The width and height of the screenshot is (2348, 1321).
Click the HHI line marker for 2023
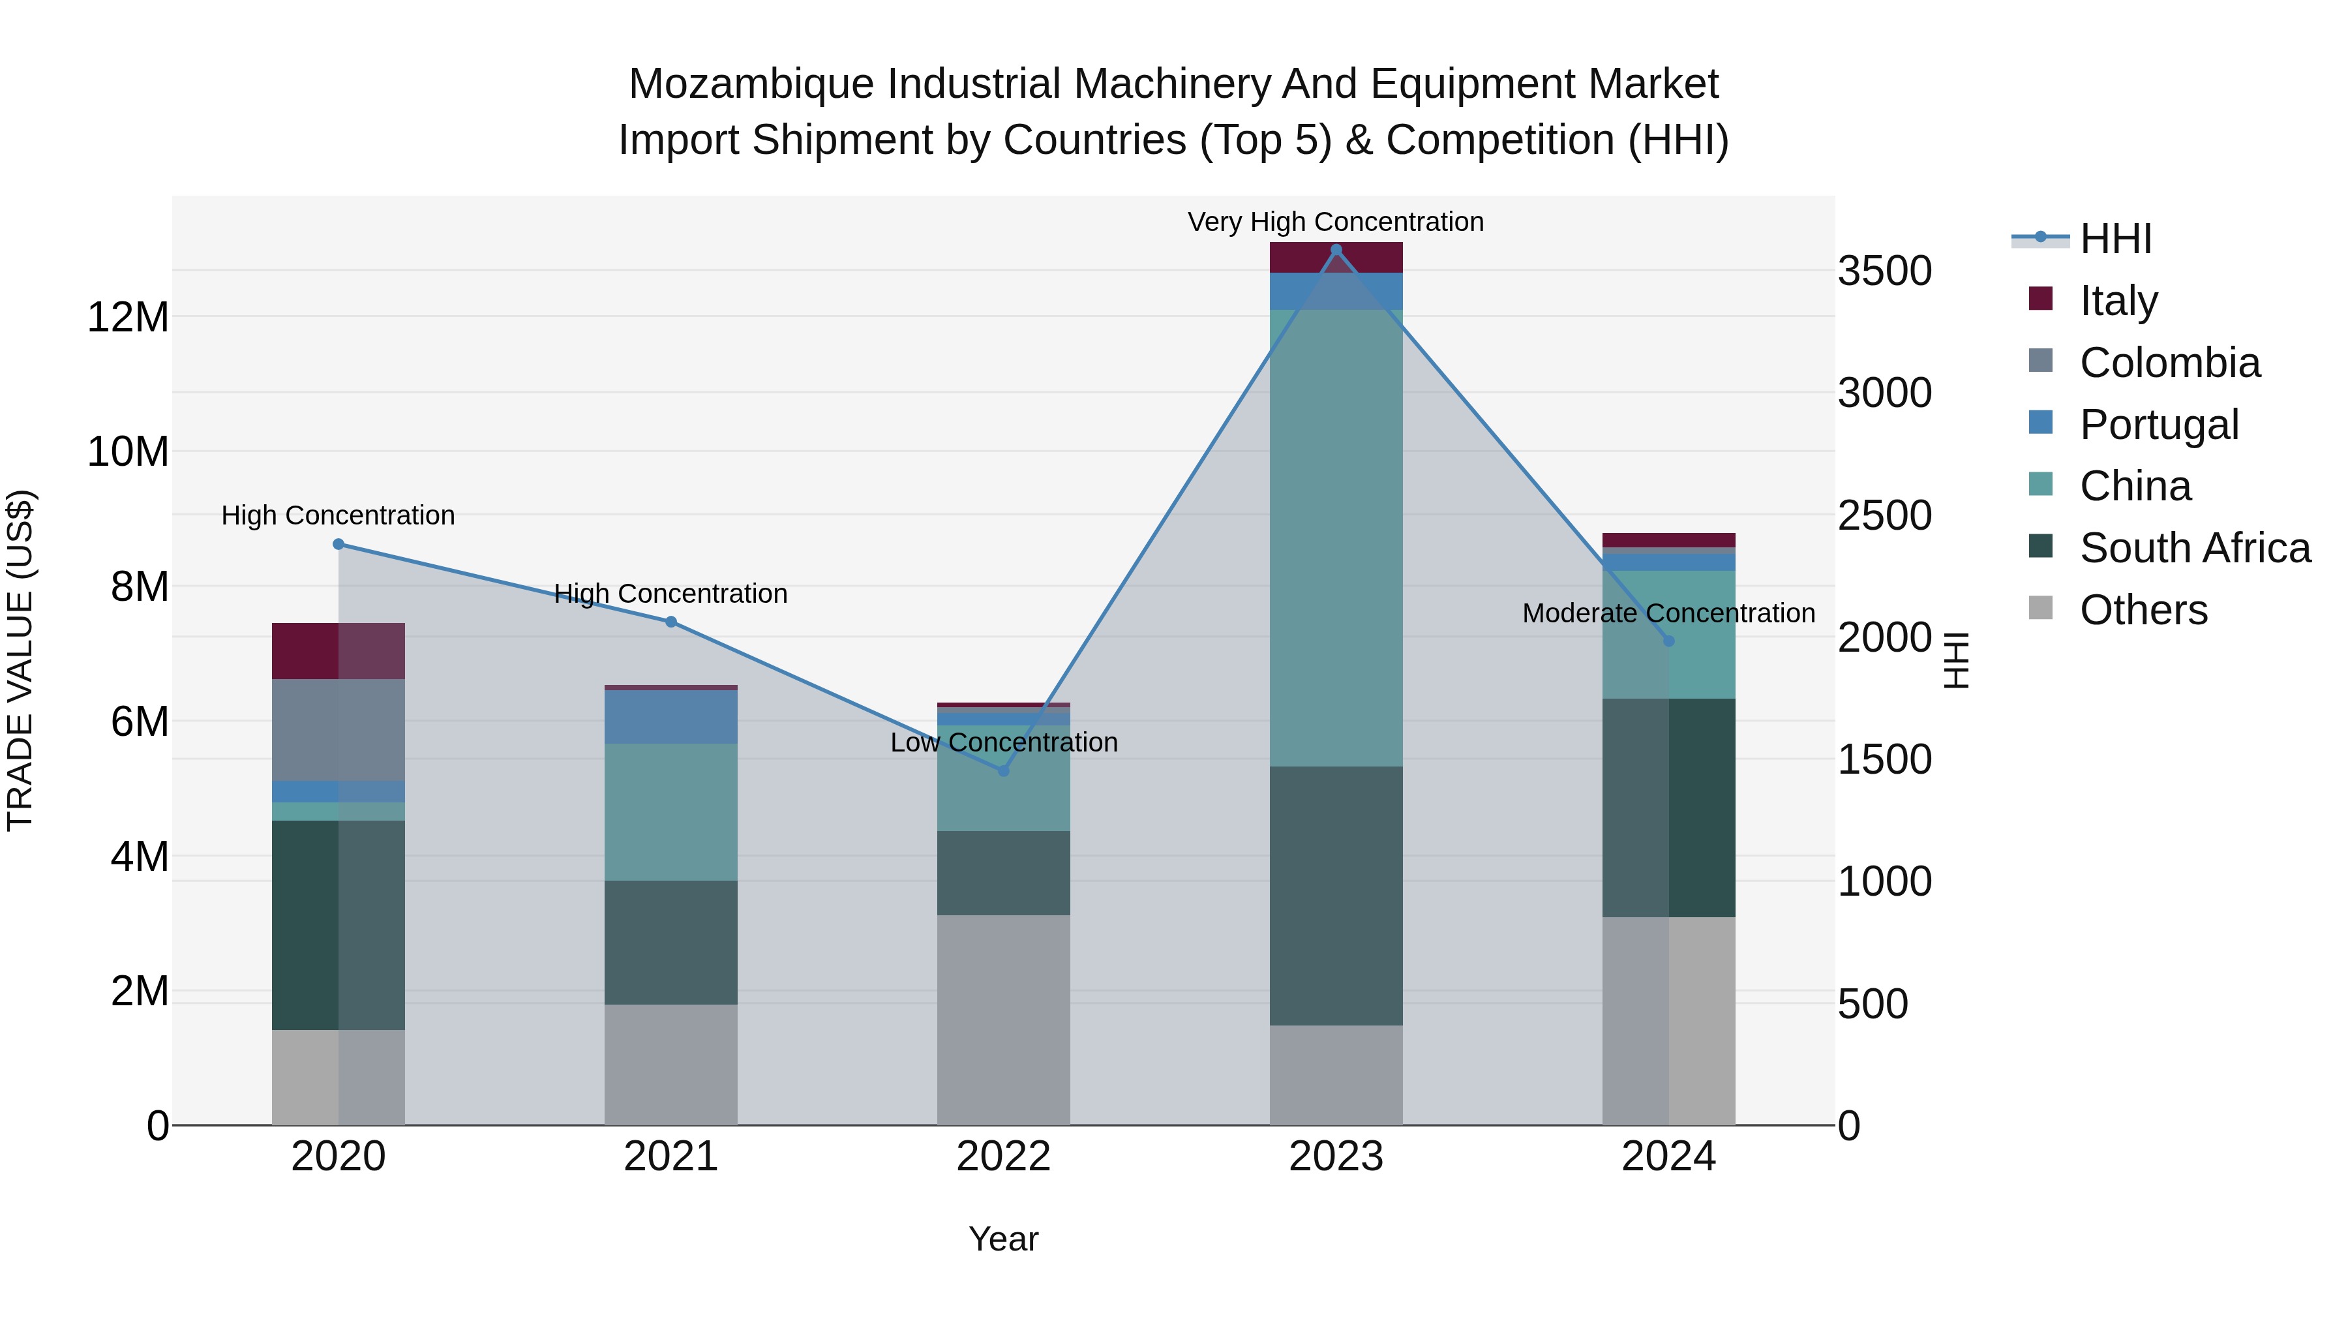pos(1336,250)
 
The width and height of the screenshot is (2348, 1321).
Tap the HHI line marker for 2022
pos(1004,771)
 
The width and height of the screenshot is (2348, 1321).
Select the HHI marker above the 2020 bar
pos(338,544)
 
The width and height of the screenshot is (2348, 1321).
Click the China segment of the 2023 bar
pos(1336,538)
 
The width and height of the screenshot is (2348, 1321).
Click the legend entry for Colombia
pos(2169,363)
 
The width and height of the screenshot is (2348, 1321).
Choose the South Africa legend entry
pos(2195,548)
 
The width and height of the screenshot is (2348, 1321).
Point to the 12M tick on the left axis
pos(128,317)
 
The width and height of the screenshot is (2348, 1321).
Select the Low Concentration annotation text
pos(1004,742)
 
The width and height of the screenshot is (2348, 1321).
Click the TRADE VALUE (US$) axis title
pos(20,660)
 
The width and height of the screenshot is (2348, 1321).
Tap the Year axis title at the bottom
pos(1004,1239)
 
